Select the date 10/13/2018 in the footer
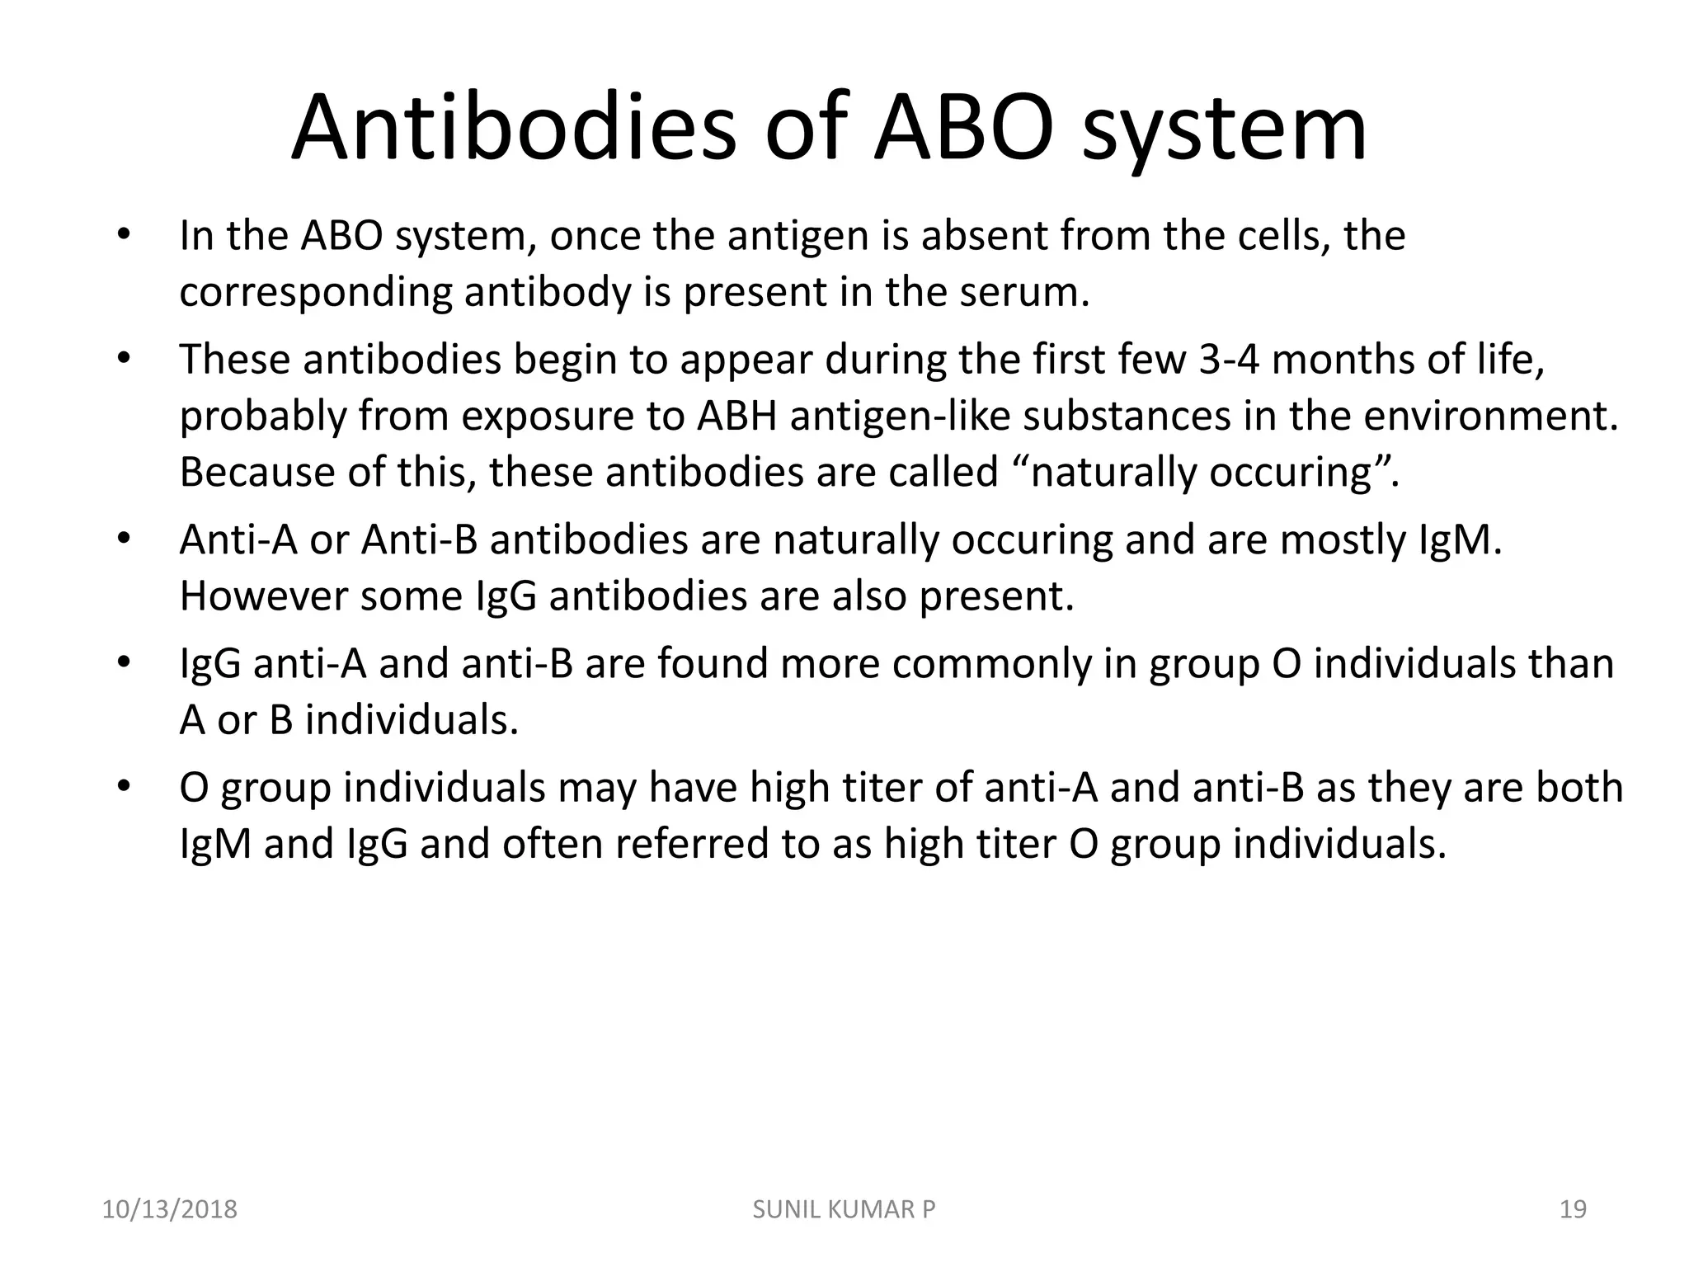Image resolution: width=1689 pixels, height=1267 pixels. [169, 1209]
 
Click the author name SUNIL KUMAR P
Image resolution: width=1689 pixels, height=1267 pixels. [844, 1209]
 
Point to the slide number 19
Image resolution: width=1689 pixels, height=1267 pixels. [1574, 1209]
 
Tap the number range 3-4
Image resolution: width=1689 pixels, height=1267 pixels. [1229, 360]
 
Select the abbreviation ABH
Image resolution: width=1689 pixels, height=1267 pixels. [737, 416]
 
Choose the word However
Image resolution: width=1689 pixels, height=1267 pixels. [263, 596]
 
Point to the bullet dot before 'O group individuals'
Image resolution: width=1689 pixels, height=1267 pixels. [124, 786]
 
